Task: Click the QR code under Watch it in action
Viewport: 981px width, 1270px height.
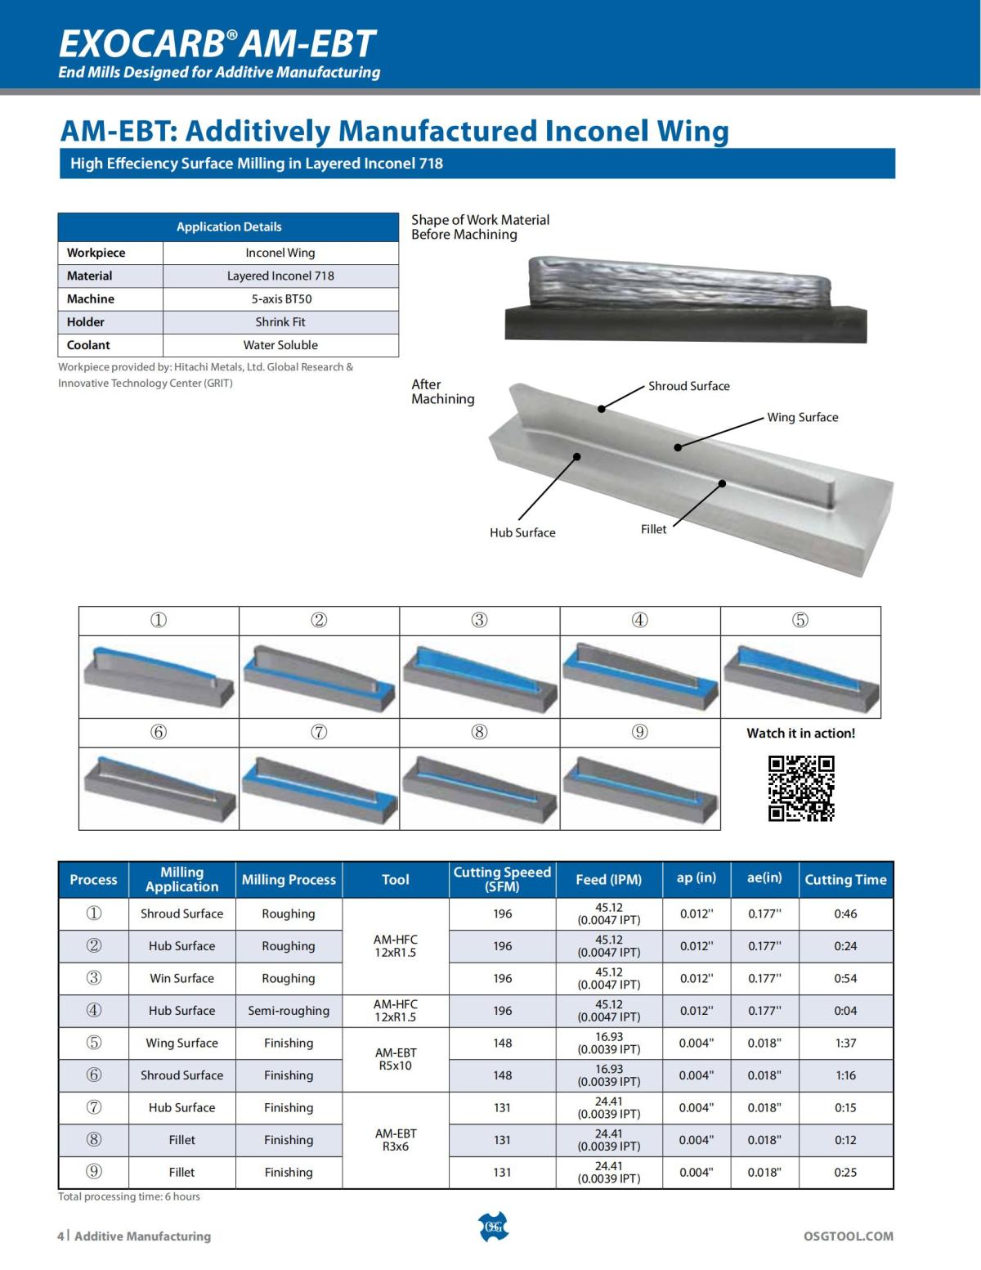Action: click(x=801, y=788)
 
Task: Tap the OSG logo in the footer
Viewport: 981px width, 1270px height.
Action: click(x=492, y=1226)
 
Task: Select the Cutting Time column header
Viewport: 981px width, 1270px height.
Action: click(x=845, y=880)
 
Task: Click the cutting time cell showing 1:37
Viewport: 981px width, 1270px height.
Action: click(x=845, y=1043)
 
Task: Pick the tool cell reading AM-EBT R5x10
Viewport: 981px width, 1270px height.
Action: click(x=396, y=1059)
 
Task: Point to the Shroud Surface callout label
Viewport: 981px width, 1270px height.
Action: click(x=688, y=386)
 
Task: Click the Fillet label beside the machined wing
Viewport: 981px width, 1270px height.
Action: click(x=653, y=529)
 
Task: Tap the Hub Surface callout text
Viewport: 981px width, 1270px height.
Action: click(x=522, y=532)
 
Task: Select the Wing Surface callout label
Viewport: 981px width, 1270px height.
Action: click(x=802, y=417)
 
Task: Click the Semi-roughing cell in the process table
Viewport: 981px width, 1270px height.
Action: click(x=289, y=1011)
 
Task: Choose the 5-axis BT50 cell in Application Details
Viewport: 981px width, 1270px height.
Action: click(x=280, y=298)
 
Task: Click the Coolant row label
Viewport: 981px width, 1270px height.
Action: click(x=88, y=345)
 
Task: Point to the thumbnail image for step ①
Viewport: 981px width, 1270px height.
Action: click(x=159, y=676)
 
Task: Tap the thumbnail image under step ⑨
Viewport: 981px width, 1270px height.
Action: click(x=640, y=788)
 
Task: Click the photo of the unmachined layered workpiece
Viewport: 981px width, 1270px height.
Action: click(x=685, y=296)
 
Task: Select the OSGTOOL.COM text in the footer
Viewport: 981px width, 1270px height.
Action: click(x=849, y=1236)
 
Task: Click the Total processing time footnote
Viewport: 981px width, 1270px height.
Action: click(x=129, y=1196)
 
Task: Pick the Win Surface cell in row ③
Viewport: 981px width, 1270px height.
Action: click(x=181, y=978)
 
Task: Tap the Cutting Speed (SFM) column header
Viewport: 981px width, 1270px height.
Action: click(x=502, y=879)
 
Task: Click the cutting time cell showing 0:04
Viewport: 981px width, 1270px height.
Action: click(x=845, y=1011)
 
